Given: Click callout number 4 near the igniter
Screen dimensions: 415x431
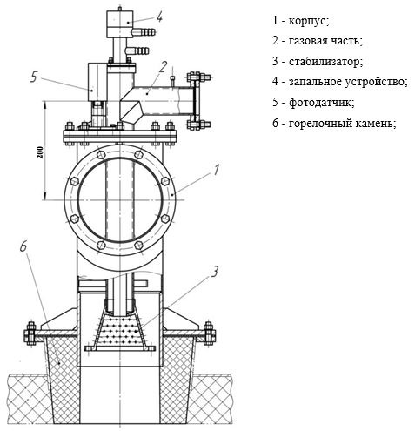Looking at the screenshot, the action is (159, 17).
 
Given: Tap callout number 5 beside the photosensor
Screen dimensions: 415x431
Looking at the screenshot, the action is (34, 77).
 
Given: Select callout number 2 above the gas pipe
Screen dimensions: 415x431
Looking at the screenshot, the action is (163, 66).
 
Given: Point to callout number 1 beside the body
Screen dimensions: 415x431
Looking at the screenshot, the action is (216, 170).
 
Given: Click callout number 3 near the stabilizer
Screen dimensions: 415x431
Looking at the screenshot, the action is (214, 272).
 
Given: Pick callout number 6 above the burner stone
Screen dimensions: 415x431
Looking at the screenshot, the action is (23, 246).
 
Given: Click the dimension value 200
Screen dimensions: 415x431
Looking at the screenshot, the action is (40, 152).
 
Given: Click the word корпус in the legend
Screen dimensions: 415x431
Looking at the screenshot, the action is (309, 21).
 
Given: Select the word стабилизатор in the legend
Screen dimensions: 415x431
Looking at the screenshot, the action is (325, 62).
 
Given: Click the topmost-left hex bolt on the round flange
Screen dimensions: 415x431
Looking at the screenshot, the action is (101, 154).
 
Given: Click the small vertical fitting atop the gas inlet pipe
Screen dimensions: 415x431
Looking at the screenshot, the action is (173, 81).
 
